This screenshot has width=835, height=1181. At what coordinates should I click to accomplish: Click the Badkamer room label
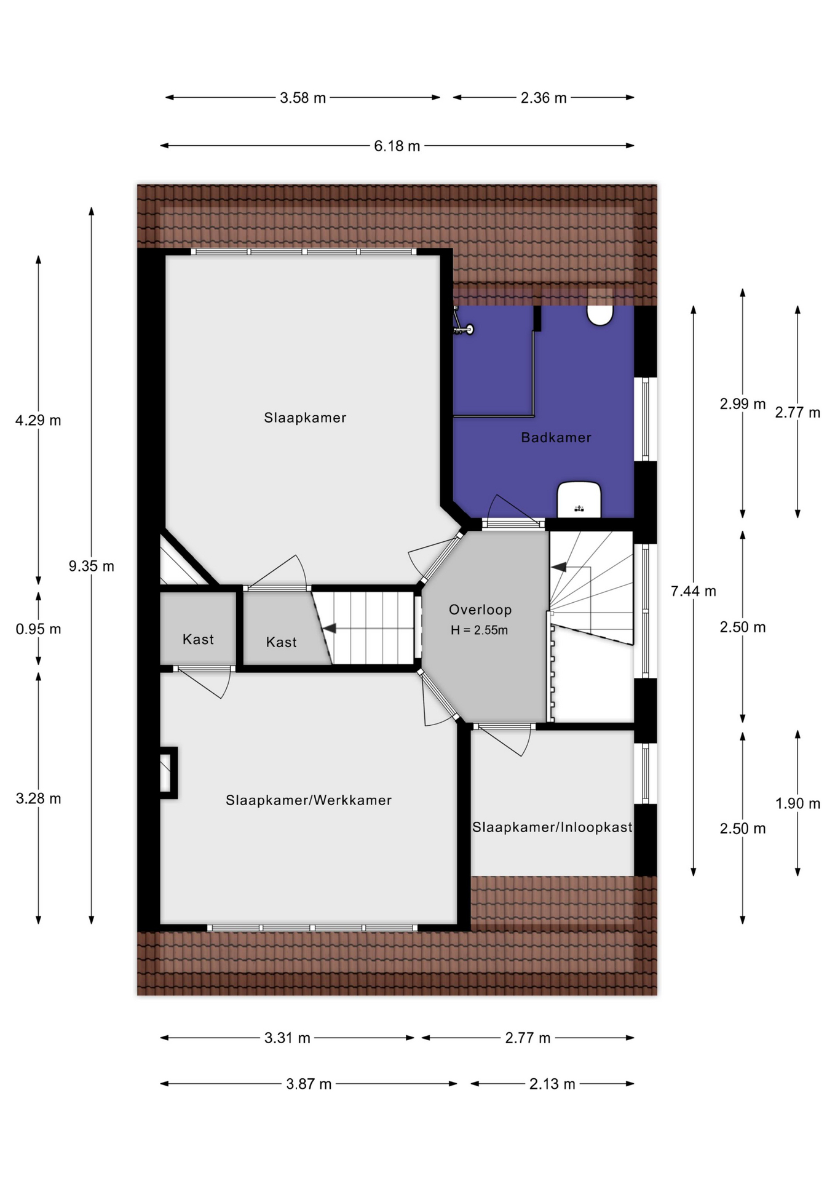tap(556, 437)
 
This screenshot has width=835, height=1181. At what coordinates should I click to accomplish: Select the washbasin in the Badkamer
tap(579, 499)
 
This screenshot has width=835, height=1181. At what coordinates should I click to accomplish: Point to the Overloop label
tap(480, 610)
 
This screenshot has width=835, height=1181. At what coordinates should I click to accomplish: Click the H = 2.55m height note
tap(479, 630)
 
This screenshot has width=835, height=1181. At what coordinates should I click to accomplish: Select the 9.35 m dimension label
tap(92, 566)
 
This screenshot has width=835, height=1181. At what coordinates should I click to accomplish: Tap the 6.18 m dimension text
tap(397, 146)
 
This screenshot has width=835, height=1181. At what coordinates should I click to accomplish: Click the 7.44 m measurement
tap(694, 591)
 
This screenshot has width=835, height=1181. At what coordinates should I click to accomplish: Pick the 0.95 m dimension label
tap(38, 629)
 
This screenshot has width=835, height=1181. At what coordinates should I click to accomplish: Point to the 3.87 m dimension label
tap(309, 1084)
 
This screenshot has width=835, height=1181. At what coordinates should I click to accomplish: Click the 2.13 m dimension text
tap(552, 1084)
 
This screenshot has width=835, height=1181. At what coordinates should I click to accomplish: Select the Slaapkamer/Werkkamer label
tap(309, 800)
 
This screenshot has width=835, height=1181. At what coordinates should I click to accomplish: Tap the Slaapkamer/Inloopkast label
tap(552, 827)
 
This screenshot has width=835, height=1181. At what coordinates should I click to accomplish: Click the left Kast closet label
tap(198, 639)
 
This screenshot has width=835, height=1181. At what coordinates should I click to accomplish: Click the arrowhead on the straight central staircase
tap(329, 629)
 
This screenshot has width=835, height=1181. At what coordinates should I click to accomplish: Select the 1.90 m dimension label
tap(797, 803)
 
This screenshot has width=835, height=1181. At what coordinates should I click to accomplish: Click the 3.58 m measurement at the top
tap(303, 98)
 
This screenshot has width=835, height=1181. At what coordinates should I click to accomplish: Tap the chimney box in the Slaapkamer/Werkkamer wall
tap(168, 773)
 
